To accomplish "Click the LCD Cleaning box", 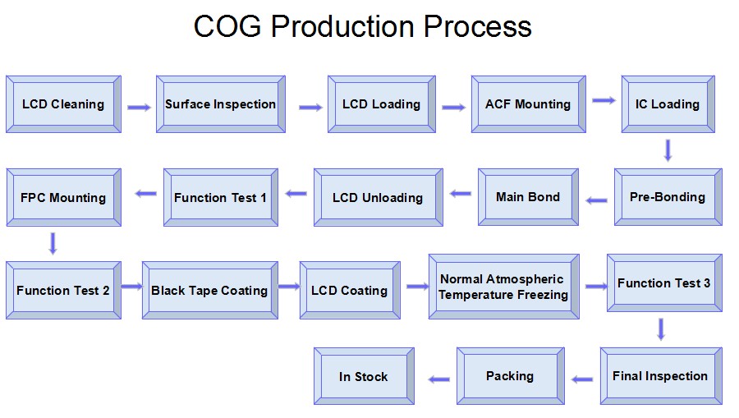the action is point(63,104).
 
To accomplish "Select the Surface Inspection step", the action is point(221,104).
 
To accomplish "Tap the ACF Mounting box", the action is point(528,104).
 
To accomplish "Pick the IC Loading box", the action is point(668,104).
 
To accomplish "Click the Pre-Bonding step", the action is point(668,197).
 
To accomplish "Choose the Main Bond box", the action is point(528,197).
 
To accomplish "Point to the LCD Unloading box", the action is point(379,197).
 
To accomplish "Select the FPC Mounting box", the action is point(63,197).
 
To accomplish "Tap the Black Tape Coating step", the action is point(210,290).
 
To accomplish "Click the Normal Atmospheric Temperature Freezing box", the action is point(504,287).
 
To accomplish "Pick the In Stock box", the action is point(364,376).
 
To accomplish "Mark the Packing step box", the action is point(511,376).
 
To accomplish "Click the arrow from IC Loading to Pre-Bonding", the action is point(668,150).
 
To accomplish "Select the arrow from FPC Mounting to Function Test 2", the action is point(53,244).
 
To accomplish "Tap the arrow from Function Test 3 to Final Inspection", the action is point(661,329).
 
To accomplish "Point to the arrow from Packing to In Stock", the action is point(439,379).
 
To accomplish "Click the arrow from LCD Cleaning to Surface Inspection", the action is point(139,108).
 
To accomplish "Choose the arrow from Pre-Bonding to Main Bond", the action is point(596,200).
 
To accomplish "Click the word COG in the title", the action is point(227,26).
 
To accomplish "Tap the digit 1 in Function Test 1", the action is point(264,197).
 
